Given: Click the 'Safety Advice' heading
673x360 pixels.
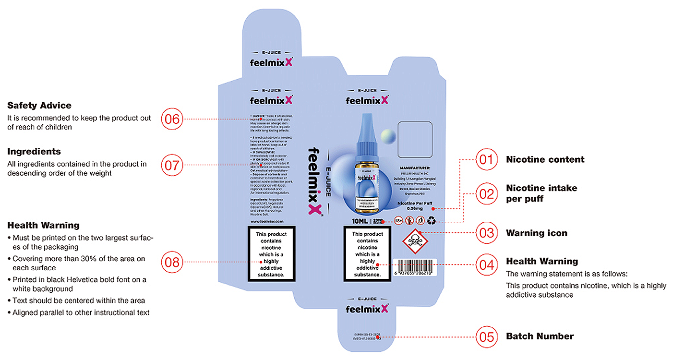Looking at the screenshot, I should click(39, 106).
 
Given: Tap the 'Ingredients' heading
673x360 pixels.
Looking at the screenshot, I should click(34, 152).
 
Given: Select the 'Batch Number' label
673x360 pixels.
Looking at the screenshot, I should click(540, 336).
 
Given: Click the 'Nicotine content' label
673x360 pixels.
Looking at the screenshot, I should click(545, 159).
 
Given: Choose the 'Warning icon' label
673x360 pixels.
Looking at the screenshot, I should click(536, 233).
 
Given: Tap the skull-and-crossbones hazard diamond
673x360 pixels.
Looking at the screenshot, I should click(416, 241).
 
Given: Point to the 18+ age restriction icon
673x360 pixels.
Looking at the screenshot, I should click(398, 221).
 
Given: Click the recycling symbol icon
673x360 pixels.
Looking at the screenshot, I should click(431, 221).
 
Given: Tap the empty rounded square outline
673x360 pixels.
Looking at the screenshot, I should click(416, 139).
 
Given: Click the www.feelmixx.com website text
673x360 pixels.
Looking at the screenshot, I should click(267, 222).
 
